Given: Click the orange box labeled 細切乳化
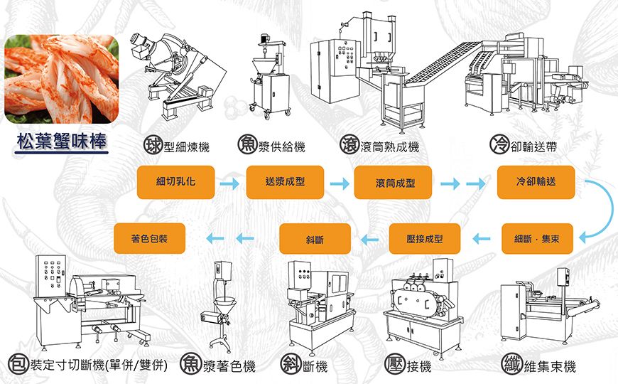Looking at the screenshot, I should pos(175,182).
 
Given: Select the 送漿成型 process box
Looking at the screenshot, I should pos(285,182).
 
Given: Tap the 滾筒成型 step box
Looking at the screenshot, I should pos(394,183).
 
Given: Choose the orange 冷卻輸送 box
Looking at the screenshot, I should pos(536,182).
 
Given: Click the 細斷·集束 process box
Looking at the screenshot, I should pos(536,239).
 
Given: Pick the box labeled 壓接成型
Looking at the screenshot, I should pos(425,239).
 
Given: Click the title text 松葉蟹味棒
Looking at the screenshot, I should pos(62,141).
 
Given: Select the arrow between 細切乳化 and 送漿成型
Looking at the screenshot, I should pos(229,184).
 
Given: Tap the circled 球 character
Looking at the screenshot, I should pos(151,146).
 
